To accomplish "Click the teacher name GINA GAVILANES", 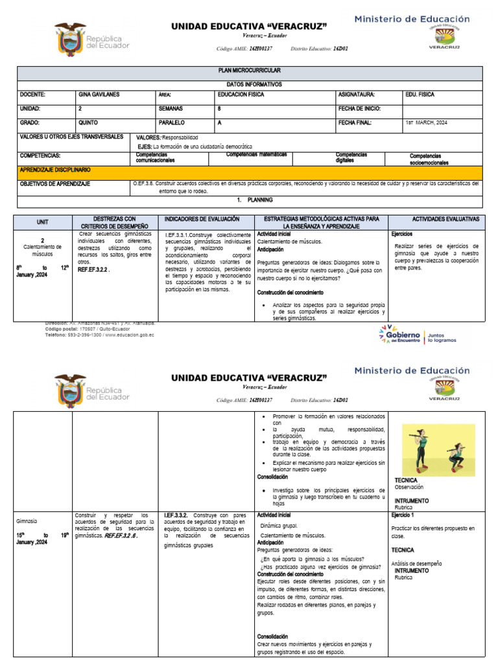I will click(x=99, y=95).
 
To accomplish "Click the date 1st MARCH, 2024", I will click(x=426, y=122).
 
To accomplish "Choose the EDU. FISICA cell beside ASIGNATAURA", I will click(x=420, y=95).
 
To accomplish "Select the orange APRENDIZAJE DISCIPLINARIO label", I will click(x=55, y=170).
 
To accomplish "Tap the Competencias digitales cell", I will click(x=351, y=157).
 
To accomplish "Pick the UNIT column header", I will click(x=42, y=222).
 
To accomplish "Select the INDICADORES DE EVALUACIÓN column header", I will click(x=202, y=220).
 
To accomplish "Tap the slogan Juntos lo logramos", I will click(x=442, y=337).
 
